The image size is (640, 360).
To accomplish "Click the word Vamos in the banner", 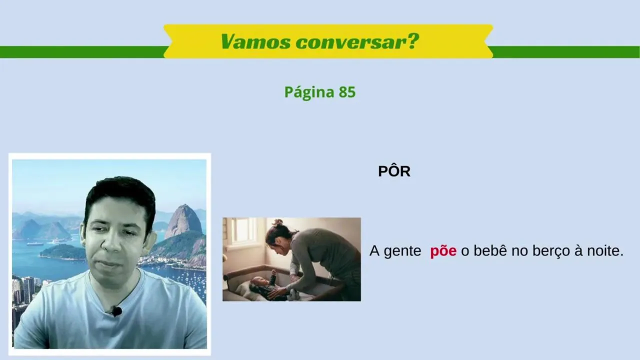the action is (x=255, y=41).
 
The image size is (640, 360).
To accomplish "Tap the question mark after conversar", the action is (x=412, y=41).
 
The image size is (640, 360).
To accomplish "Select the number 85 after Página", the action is (x=347, y=92).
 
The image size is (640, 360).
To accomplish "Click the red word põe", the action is (x=443, y=251).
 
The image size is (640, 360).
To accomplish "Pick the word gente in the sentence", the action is (x=402, y=251).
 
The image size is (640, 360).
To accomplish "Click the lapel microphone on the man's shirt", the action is (x=116, y=311).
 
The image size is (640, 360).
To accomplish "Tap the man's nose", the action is (x=110, y=244).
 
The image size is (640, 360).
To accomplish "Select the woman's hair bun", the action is (x=277, y=222).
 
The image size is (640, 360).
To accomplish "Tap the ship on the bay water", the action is (x=35, y=244).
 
